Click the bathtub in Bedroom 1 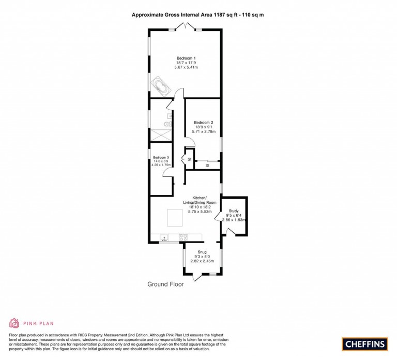coord(160,86)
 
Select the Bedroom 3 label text coord(161,157)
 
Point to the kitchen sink coord(165,237)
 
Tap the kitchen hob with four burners coord(182,237)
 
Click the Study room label coord(233,211)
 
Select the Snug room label coord(202,252)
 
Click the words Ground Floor coord(165,284)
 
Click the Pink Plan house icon coord(13,323)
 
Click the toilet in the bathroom coord(166,124)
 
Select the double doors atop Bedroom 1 coord(186,27)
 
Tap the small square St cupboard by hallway coord(190,159)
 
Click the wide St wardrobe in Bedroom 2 coord(207,165)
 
